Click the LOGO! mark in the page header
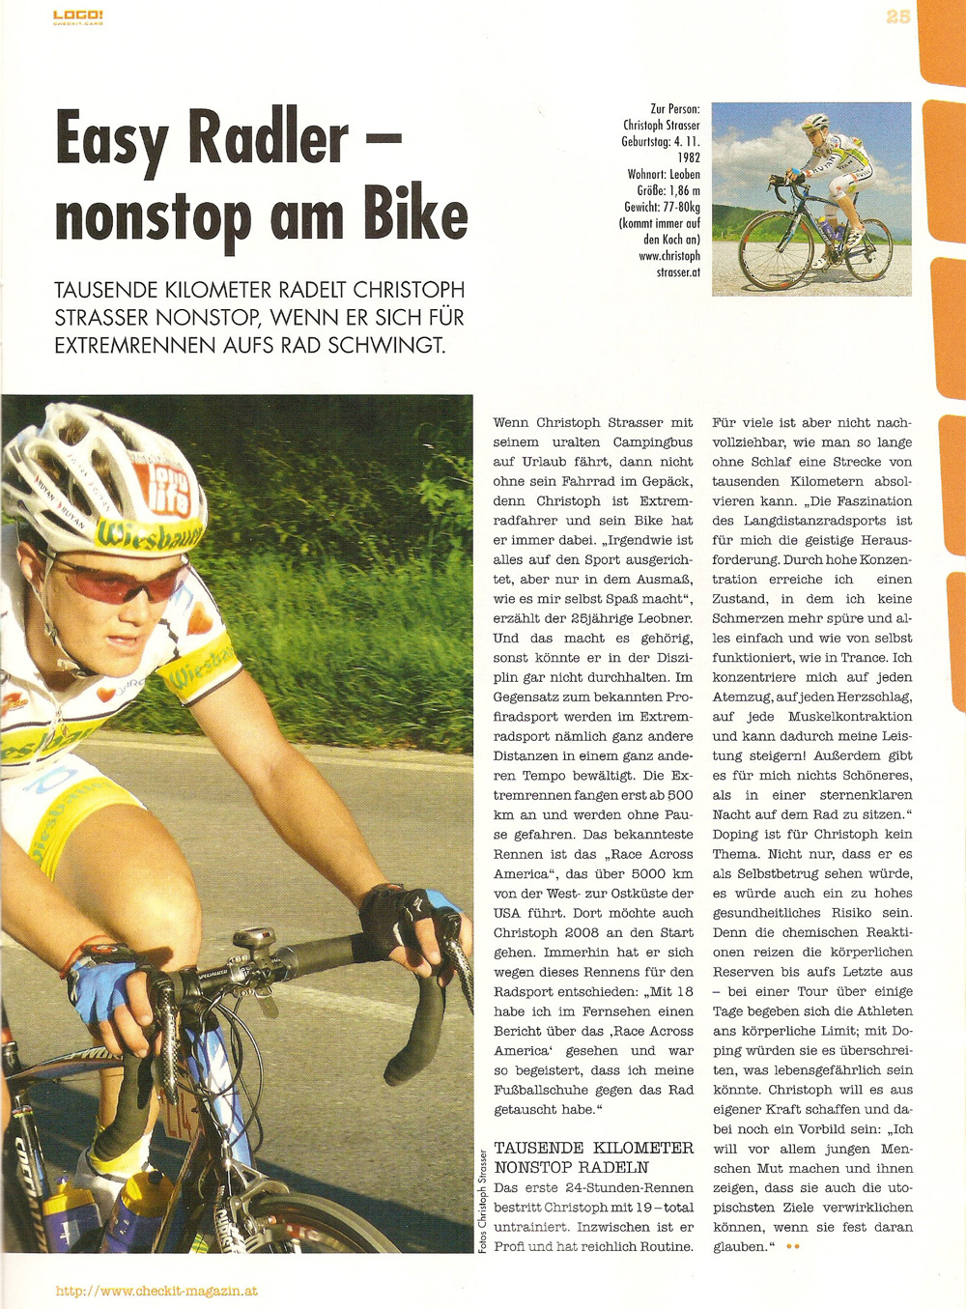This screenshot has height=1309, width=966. [78, 16]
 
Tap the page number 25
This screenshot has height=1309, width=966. [898, 16]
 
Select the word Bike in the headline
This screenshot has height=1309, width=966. [415, 214]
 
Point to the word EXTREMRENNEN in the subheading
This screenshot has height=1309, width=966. [138, 345]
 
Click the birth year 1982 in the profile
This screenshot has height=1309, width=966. [688, 157]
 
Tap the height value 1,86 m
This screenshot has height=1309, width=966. [682, 190]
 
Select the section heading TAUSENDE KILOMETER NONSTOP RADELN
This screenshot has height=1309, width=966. [593, 1157]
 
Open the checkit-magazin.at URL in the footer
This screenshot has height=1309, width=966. [156, 1291]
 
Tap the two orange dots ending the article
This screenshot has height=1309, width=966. [793, 1247]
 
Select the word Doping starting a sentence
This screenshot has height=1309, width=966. [736, 835]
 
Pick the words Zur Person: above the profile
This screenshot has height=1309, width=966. [675, 109]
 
